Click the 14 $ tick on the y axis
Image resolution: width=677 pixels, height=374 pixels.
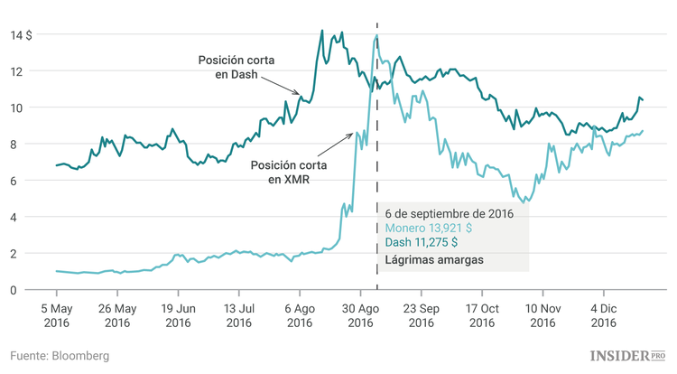coord(22,34)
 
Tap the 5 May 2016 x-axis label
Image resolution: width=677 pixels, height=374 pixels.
coord(56,314)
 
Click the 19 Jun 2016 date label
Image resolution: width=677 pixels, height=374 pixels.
coord(178,314)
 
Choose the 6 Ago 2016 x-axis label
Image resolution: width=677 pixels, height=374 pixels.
coord(300,314)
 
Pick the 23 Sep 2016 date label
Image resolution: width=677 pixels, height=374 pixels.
coord(421,314)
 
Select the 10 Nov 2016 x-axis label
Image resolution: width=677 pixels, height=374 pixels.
coord(543,314)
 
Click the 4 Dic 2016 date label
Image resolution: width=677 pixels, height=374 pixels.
coord(603,314)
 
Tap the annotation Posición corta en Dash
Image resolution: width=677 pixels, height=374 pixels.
coord(237,68)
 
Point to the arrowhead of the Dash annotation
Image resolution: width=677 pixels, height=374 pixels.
coord(301,93)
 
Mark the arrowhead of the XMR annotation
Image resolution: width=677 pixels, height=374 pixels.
coord(352,133)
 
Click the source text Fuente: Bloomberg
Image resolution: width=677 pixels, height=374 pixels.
coord(60,356)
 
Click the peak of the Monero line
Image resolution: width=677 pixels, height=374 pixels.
coord(376,36)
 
